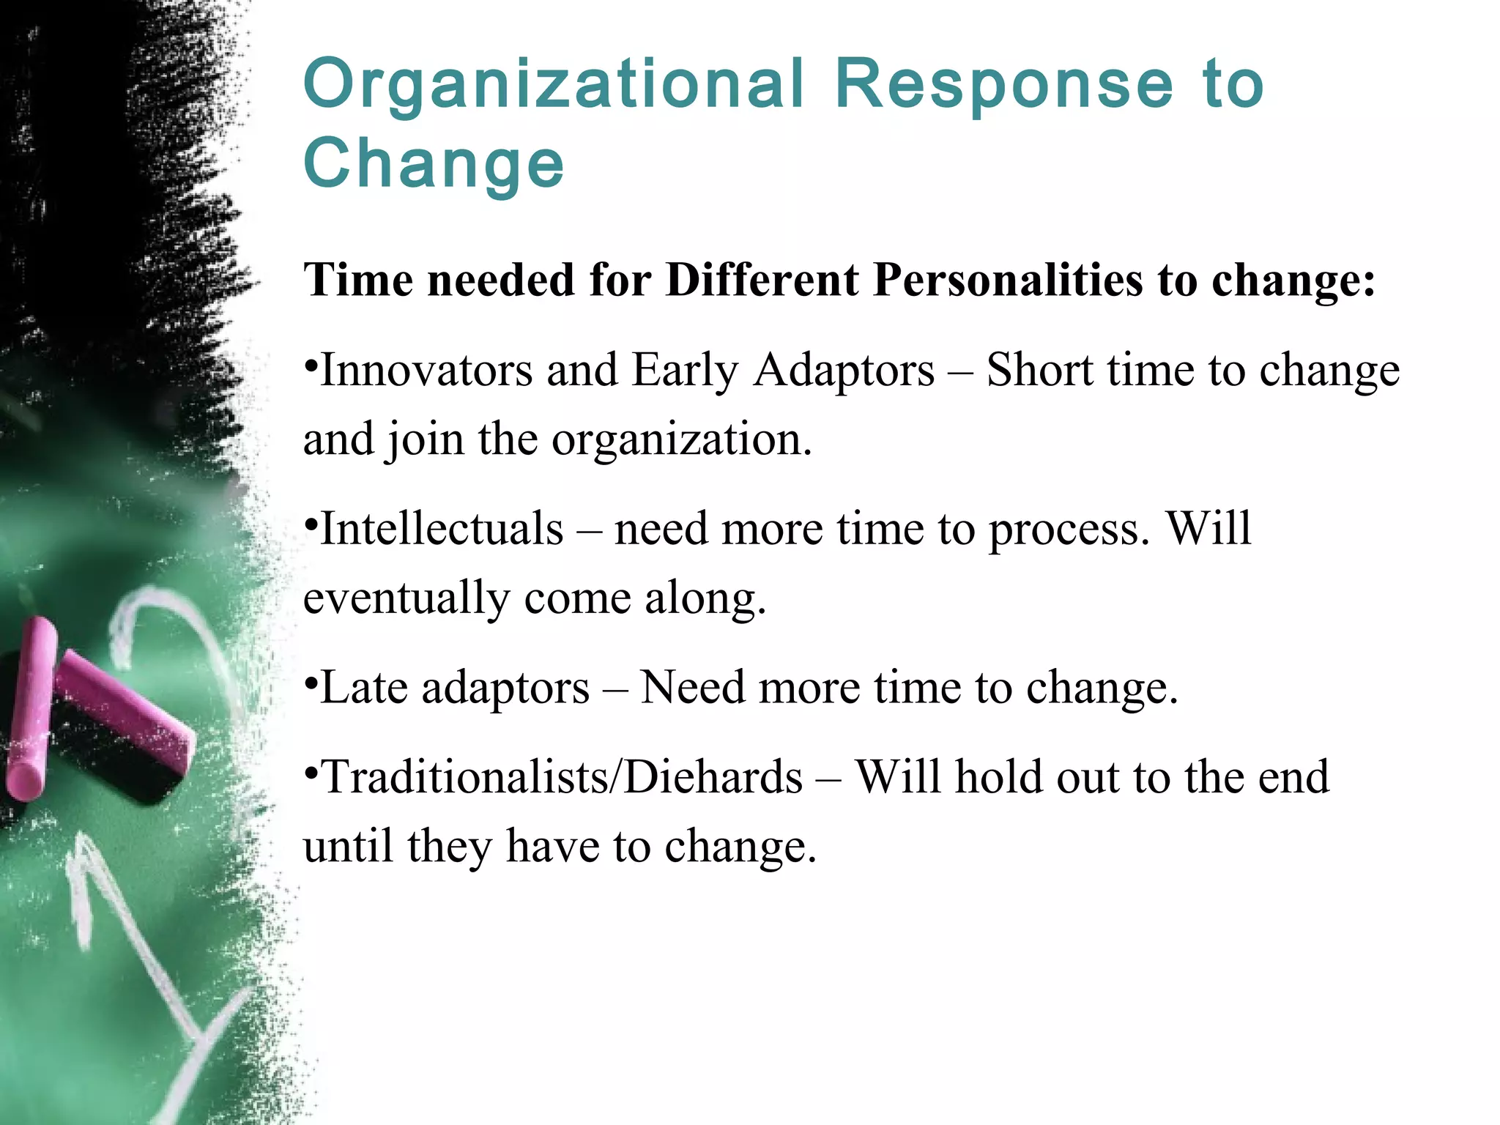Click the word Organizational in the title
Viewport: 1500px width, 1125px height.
553,86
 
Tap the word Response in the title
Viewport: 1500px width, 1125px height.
1004,86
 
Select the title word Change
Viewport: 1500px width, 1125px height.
434,165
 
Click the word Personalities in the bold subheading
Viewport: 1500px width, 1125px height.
1008,280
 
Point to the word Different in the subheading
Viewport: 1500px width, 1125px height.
762,280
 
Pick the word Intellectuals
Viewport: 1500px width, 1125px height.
442,529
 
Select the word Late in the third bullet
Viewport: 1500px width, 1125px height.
363,688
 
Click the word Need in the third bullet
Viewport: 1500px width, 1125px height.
693,688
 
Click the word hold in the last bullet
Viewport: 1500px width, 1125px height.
998,777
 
